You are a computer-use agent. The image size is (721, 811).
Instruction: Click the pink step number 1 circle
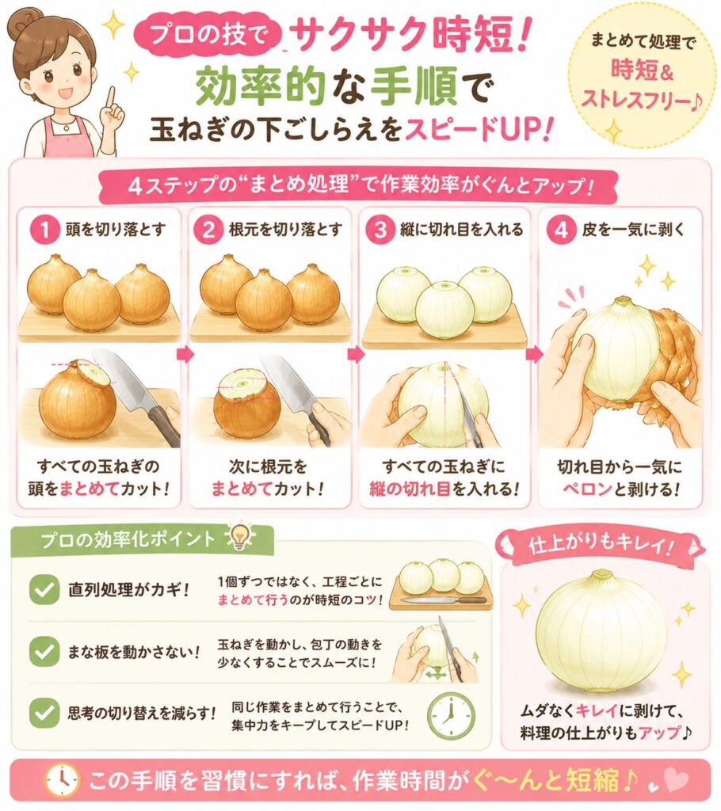click(x=45, y=229)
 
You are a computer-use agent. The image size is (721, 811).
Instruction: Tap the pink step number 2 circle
click(x=208, y=229)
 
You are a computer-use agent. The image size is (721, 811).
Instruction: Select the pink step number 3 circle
click(x=380, y=229)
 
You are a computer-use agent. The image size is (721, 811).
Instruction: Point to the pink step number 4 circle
click(x=560, y=229)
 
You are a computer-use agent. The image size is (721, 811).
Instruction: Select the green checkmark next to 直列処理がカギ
click(x=44, y=589)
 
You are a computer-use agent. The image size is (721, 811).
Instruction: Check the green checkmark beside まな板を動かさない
click(x=44, y=651)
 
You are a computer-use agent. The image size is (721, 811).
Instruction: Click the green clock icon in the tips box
click(x=451, y=715)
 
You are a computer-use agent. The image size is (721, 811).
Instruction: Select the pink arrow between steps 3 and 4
click(x=534, y=355)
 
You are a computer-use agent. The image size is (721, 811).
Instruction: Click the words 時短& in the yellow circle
click(x=643, y=70)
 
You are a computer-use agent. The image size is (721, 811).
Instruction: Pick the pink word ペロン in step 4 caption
click(x=587, y=489)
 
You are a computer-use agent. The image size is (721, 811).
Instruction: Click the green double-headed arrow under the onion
click(x=437, y=673)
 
